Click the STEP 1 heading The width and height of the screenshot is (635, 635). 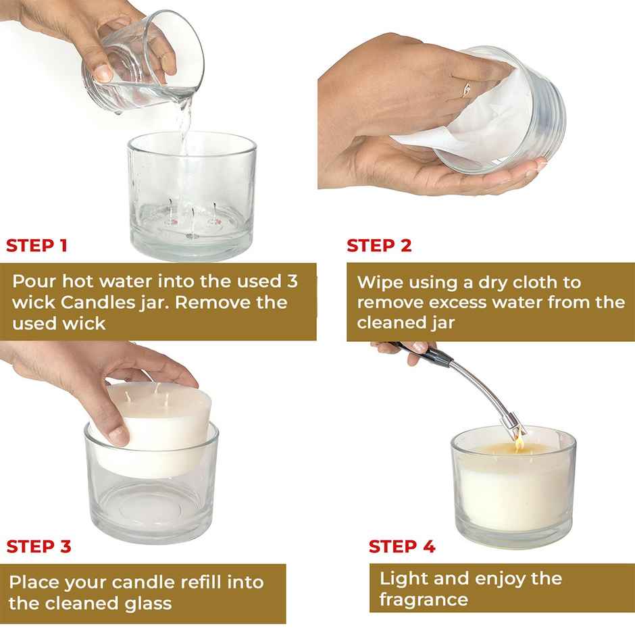(36, 245)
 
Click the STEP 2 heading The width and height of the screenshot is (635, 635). (379, 245)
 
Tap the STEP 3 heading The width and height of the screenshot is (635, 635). (39, 546)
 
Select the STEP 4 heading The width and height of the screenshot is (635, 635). (402, 547)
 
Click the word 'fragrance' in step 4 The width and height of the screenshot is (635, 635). (424, 599)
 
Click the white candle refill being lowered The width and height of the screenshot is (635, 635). (159, 419)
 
